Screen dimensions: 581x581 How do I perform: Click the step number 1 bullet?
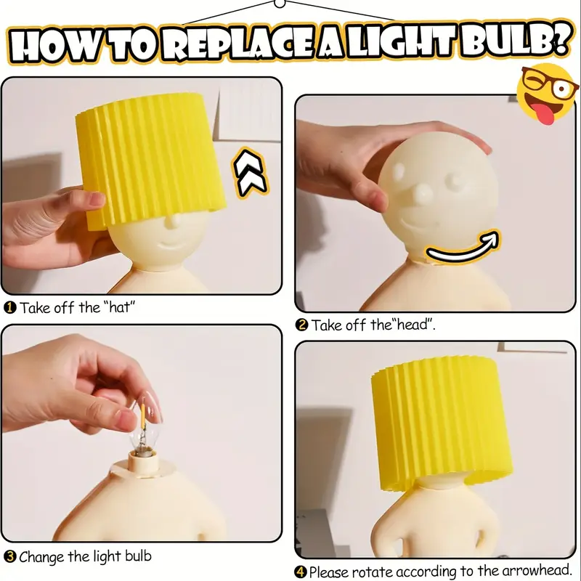pyautogui.click(x=10, y=307)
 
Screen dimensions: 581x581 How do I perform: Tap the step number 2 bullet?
pyautogui.click(x=302, y=325)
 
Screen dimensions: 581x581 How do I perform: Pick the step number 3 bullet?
pyautogui.click(x=10, y=557)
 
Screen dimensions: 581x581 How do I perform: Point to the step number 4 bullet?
pyautogui.click(x=301, y=572)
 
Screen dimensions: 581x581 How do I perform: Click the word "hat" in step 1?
pyautogui.click(x=120, y=307)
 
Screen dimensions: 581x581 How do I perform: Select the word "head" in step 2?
pyautogui.click(x=414, y=325)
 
